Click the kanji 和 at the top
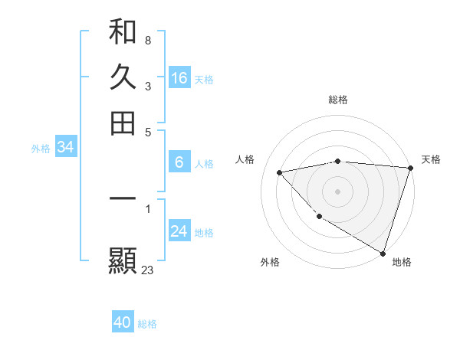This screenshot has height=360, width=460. tap(123, 32)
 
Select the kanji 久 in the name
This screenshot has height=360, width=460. tap(123, 78)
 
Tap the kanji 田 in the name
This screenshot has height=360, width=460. tap(123, 123)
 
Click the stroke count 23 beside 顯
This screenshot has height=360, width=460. tap(147, 270)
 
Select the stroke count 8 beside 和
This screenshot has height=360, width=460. tap(147, 40)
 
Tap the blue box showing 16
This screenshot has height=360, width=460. tap(179, 78)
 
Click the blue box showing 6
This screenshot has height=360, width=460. tap(179, 162)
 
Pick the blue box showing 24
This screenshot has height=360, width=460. tap(179, 231)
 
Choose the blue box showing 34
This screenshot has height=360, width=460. tap(65, 148)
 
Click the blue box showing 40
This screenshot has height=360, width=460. tap(123, 323)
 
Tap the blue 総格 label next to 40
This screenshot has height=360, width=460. tap(147, 324)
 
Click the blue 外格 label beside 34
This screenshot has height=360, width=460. tap(41, 149)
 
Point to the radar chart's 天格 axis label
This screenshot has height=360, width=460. tap(431, 159)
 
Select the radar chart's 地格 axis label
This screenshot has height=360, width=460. tap(402, 262)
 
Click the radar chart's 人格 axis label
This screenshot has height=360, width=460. tap(245, 159)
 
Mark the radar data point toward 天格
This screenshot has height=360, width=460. tap(410, 168)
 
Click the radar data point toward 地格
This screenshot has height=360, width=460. tap(382, 253)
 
